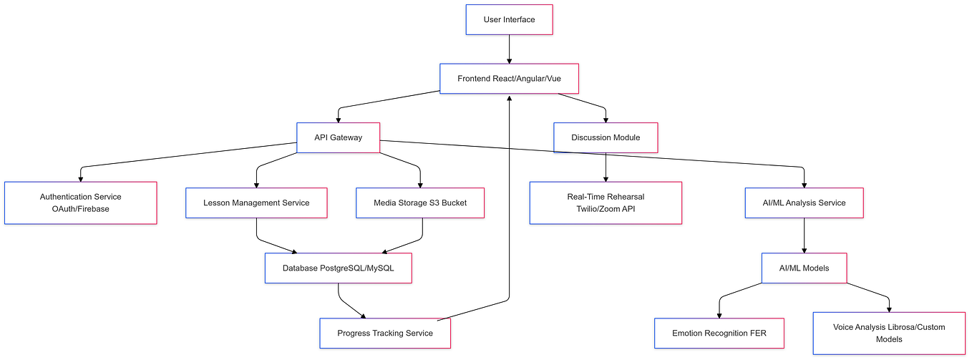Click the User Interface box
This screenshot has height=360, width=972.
[509, 19]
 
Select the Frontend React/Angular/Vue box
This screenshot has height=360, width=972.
[508, 78]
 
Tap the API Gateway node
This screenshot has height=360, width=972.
[338, 137]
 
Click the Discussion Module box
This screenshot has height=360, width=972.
[606, 137]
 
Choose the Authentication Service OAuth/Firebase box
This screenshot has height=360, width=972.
[80, 203]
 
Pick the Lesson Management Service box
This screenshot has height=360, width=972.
[256, 203]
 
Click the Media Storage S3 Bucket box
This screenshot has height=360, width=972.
[419, 203]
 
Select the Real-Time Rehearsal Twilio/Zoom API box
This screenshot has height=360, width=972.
[606, 203]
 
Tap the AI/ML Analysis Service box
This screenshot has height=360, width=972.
[804, 203]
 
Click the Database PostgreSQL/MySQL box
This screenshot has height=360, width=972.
[338, 268]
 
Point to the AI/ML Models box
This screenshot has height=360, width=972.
[804, 268]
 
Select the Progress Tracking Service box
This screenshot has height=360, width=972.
[384, 333]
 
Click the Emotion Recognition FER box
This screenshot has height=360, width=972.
[719, 333]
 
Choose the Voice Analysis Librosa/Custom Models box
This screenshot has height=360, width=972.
[888, 333]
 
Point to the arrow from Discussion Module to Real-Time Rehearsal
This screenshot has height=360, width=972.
[606, 166]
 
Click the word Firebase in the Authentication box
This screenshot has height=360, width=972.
[93, 209]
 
